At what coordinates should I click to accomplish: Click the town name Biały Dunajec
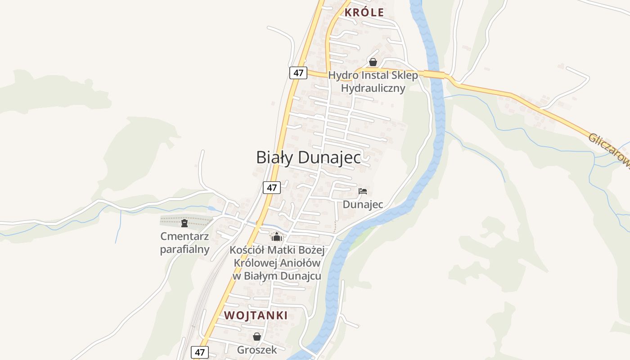click(308, 157)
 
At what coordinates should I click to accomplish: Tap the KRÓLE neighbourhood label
click(364, 13)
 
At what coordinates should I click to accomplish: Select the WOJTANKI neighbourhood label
click(256, 315)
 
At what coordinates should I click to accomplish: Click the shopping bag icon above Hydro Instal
click(373, 62)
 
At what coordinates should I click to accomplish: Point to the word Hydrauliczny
click(373, 88)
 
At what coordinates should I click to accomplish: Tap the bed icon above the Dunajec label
click(363, 191)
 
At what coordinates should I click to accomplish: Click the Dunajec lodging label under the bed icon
click(363, 204)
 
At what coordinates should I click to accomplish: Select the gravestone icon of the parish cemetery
click(184, 223)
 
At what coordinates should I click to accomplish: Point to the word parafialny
click(184, 249)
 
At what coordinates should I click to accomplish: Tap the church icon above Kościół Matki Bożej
click(276, 236)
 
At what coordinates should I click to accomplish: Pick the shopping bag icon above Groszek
click(257, 337)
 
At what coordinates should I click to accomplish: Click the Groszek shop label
click(257, 350)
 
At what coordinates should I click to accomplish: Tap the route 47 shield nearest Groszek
click(200, 352)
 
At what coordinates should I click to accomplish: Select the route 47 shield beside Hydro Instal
click(298, 73)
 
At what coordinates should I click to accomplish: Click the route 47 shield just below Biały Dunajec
click(272, 188)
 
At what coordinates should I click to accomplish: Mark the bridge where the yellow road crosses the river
click(434, 75)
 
